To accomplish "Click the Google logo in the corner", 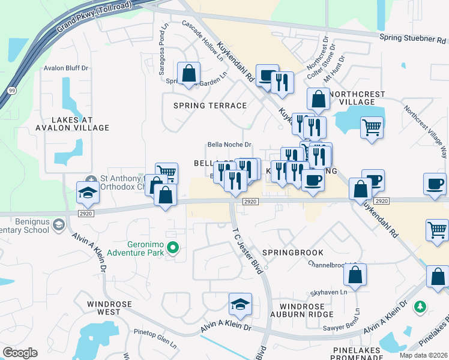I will pyautogui.click(x=20, y=353).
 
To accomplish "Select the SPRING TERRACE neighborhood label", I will pyautogui.click(x=210, y=106).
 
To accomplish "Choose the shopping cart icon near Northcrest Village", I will pyautogui.click(x=372, y=127).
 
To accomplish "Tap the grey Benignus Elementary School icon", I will pyautogui.click(x=58, y=224).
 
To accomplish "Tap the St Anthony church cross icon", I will pyautogui.click(x=91, y=179).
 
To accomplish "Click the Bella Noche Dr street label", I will pyautogui.click(x=229, y=145).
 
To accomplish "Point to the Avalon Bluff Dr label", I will pyautogui.click(x=66, y=68).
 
